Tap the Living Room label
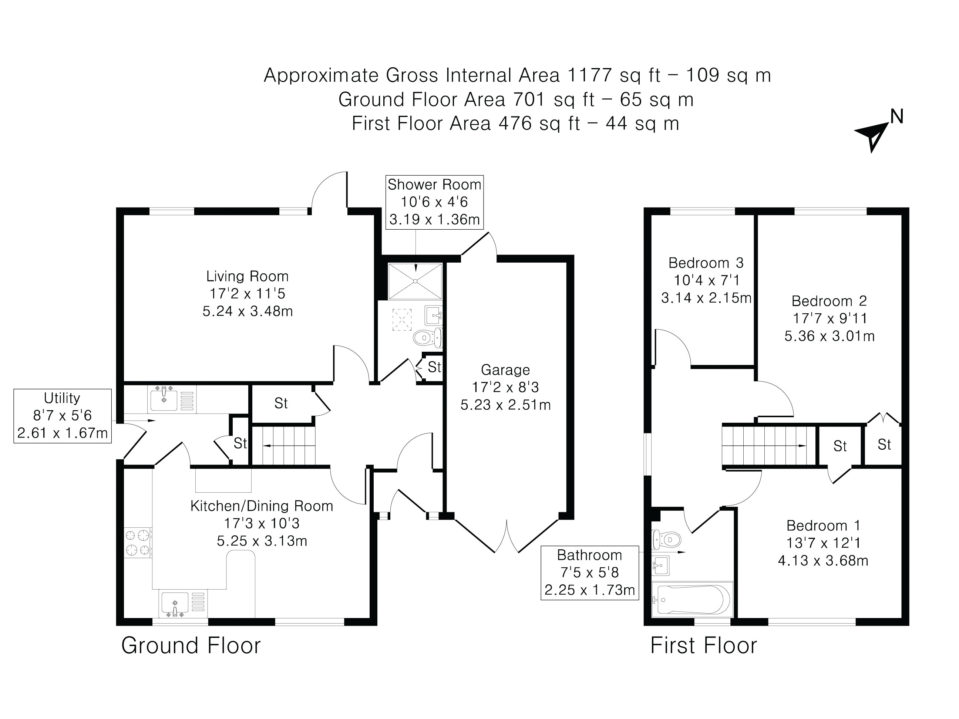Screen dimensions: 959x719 click(247, 276)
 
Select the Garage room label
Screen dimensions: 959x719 click(505, 370)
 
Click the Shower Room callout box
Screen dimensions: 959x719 click(434, 202)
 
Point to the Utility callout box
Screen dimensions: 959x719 click(63, 416)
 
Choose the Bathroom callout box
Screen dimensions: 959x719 click(590, 573)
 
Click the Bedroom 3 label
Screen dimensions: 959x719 click(706, 263)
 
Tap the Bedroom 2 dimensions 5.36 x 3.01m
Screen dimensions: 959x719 click(829, 336)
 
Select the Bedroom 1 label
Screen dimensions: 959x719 click(823, 525)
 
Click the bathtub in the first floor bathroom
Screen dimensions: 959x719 click(692, 600)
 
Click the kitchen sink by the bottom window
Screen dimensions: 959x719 click(175, 604)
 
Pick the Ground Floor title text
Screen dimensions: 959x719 click(191, 645)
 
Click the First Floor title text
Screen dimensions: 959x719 click(703, 645)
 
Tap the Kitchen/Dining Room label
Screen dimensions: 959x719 click(262, 506)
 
